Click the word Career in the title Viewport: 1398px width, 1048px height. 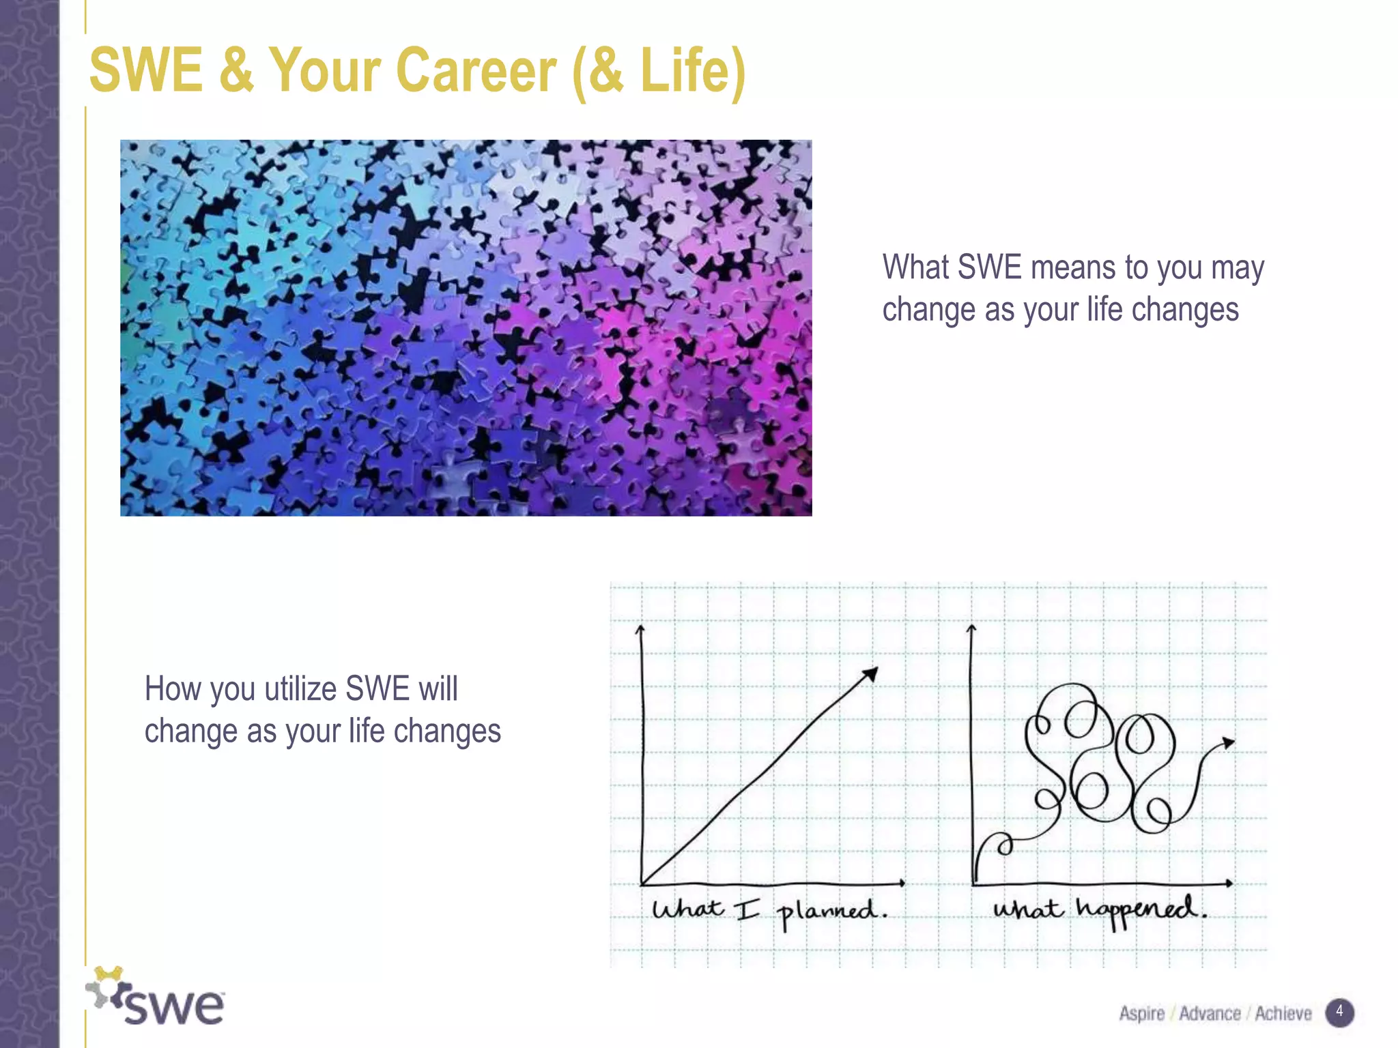[x=476, y=70]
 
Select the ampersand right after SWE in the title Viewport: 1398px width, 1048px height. [x=237, y=70]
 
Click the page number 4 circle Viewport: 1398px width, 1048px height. [x=1339, y=1012]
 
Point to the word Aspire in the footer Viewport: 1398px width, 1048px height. [x=1141, y=1013]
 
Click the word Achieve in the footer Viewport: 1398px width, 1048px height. [x=1283, y=1013]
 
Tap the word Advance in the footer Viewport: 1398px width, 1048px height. [x=1210, y=1013]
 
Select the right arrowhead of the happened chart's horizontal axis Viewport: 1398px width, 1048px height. [x=1230, y=883]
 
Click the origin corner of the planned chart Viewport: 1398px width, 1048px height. [x=642, y=884]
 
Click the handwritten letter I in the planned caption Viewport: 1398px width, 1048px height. [x=747, y=909]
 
